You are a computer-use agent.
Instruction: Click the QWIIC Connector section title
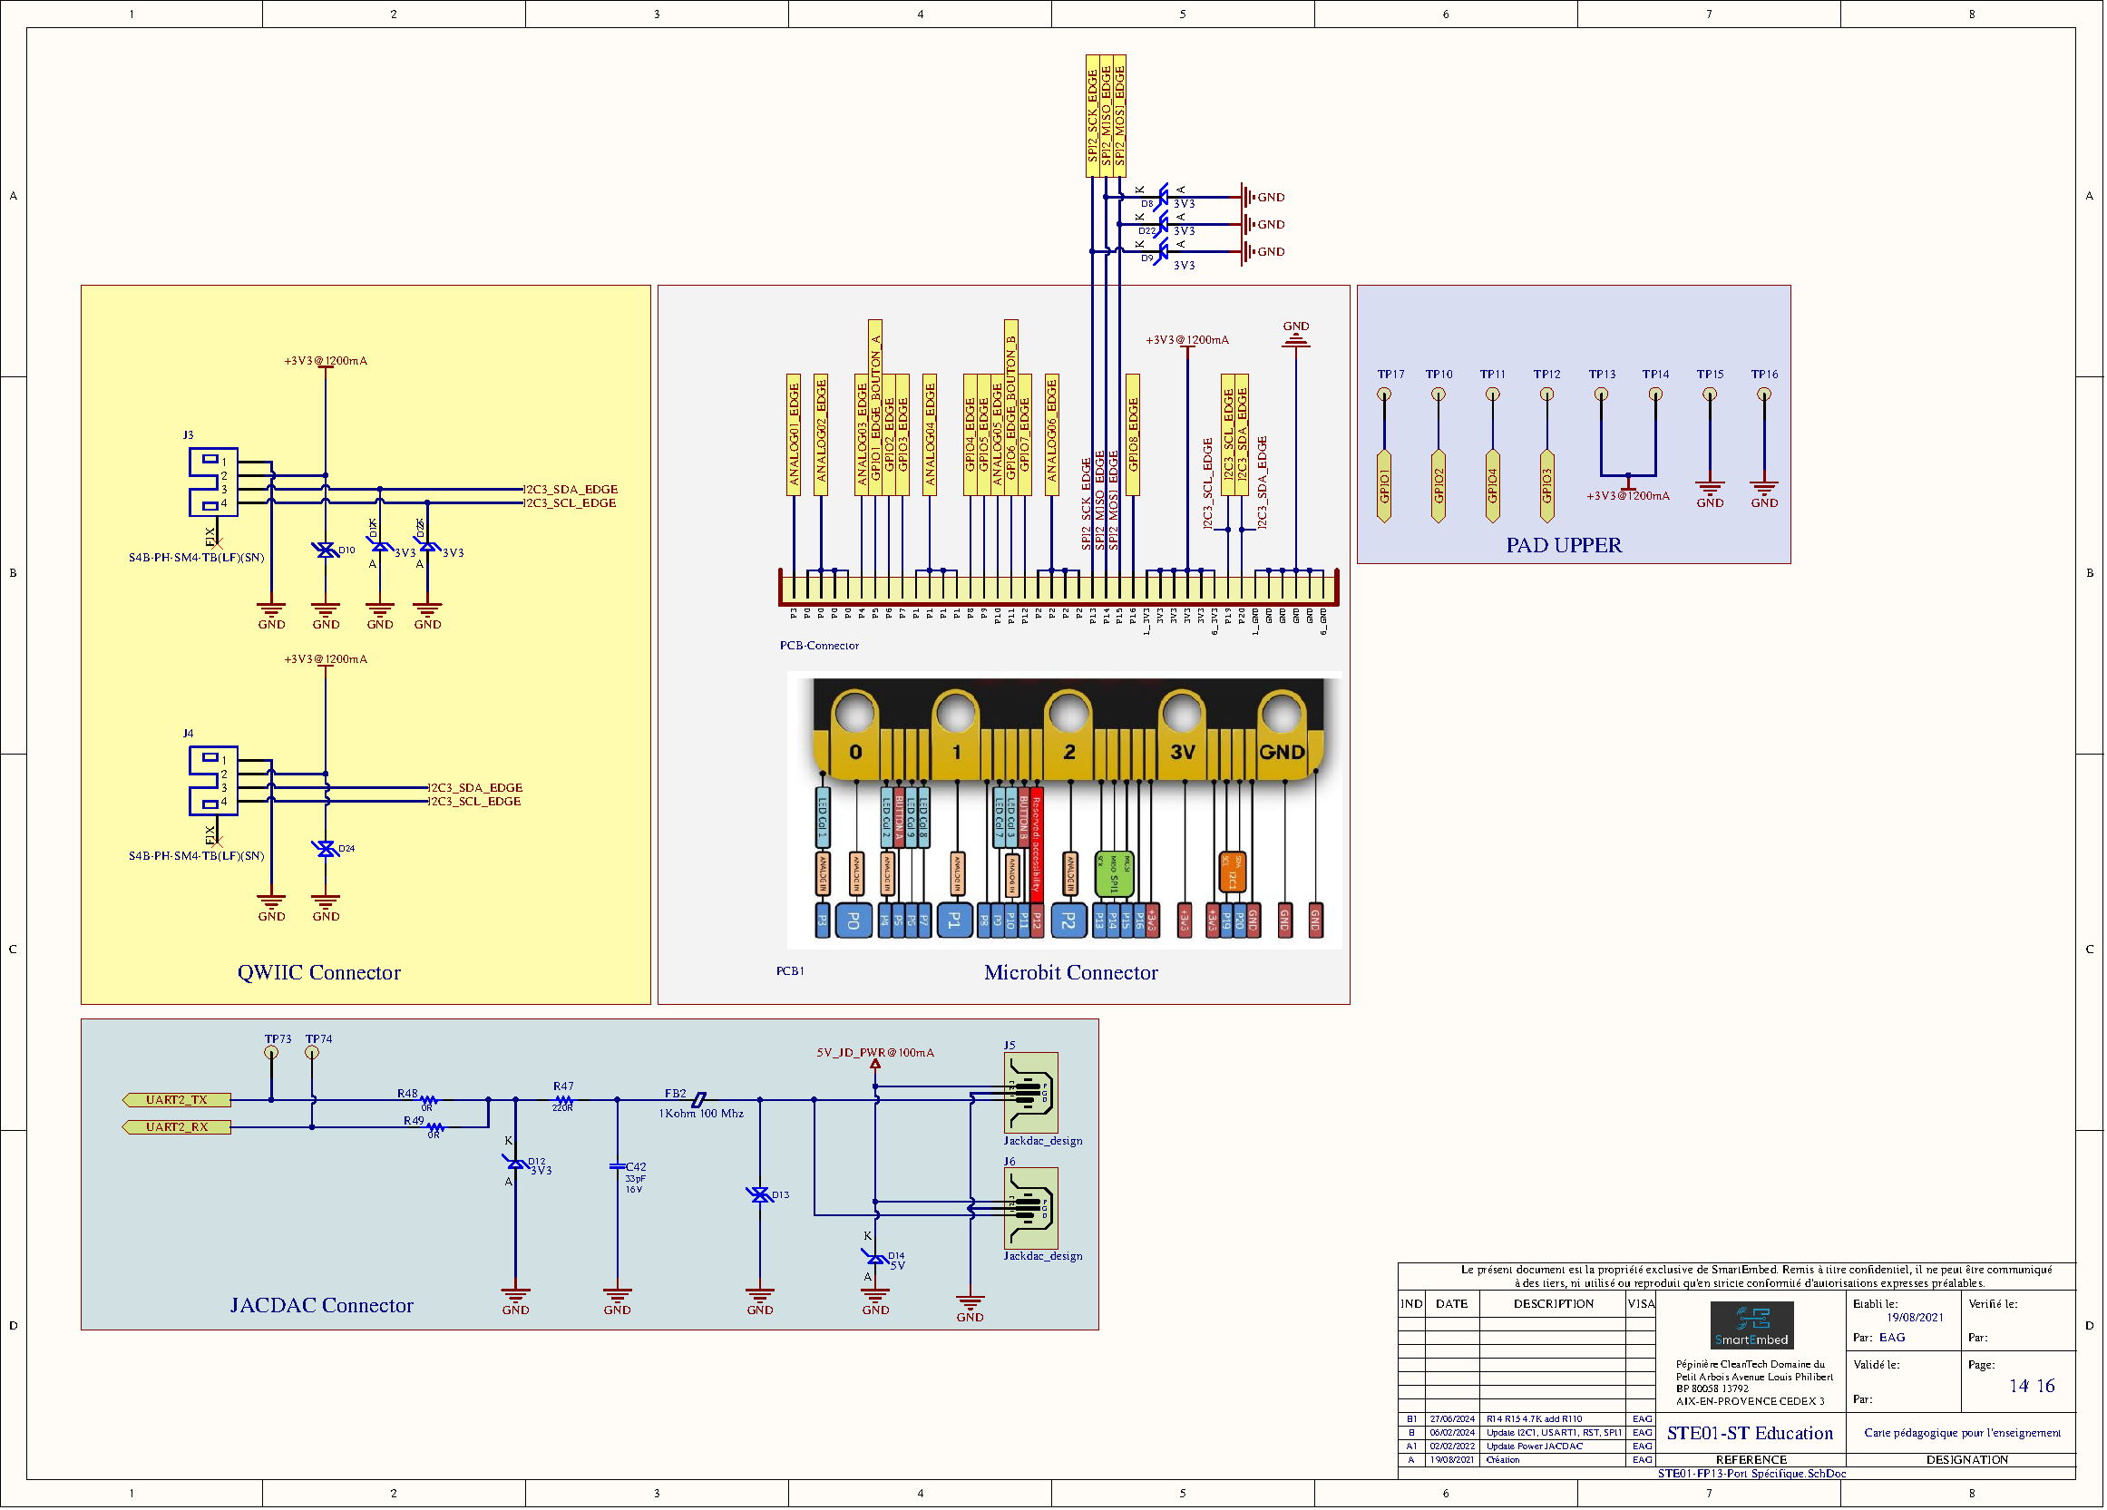318,972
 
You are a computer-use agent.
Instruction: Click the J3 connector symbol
214,482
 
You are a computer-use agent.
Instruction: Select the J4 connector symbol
214,781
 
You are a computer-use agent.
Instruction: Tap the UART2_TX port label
177,1099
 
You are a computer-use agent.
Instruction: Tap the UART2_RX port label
177,1126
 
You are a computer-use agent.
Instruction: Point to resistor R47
563,1099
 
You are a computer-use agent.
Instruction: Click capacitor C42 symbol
617,1166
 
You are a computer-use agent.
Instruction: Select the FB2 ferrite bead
698,1099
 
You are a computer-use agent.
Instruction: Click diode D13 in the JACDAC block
760,1195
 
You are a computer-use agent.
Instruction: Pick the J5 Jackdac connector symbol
1030,1092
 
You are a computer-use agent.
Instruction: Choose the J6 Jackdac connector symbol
1030,1207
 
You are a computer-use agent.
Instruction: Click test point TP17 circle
1383,395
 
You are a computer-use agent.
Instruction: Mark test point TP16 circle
1763,395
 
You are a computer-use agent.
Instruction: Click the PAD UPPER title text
1564,545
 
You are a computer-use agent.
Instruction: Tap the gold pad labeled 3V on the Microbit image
1182,750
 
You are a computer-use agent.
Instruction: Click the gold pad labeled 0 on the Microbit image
854,750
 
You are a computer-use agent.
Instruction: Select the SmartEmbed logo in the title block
1751,1325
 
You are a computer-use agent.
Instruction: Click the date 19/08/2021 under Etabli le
1914,1317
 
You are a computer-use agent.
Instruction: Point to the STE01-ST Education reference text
1750,1433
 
